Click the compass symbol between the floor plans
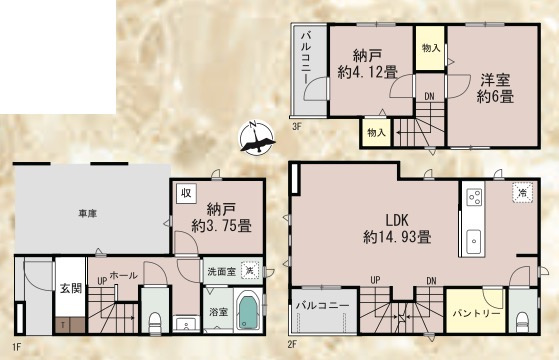pos(257,137)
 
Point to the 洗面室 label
pos(223,271)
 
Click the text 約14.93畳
pos(397,237)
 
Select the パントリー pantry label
pos(475,314)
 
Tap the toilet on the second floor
pos(524,320)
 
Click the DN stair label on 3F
pos(429,97)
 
